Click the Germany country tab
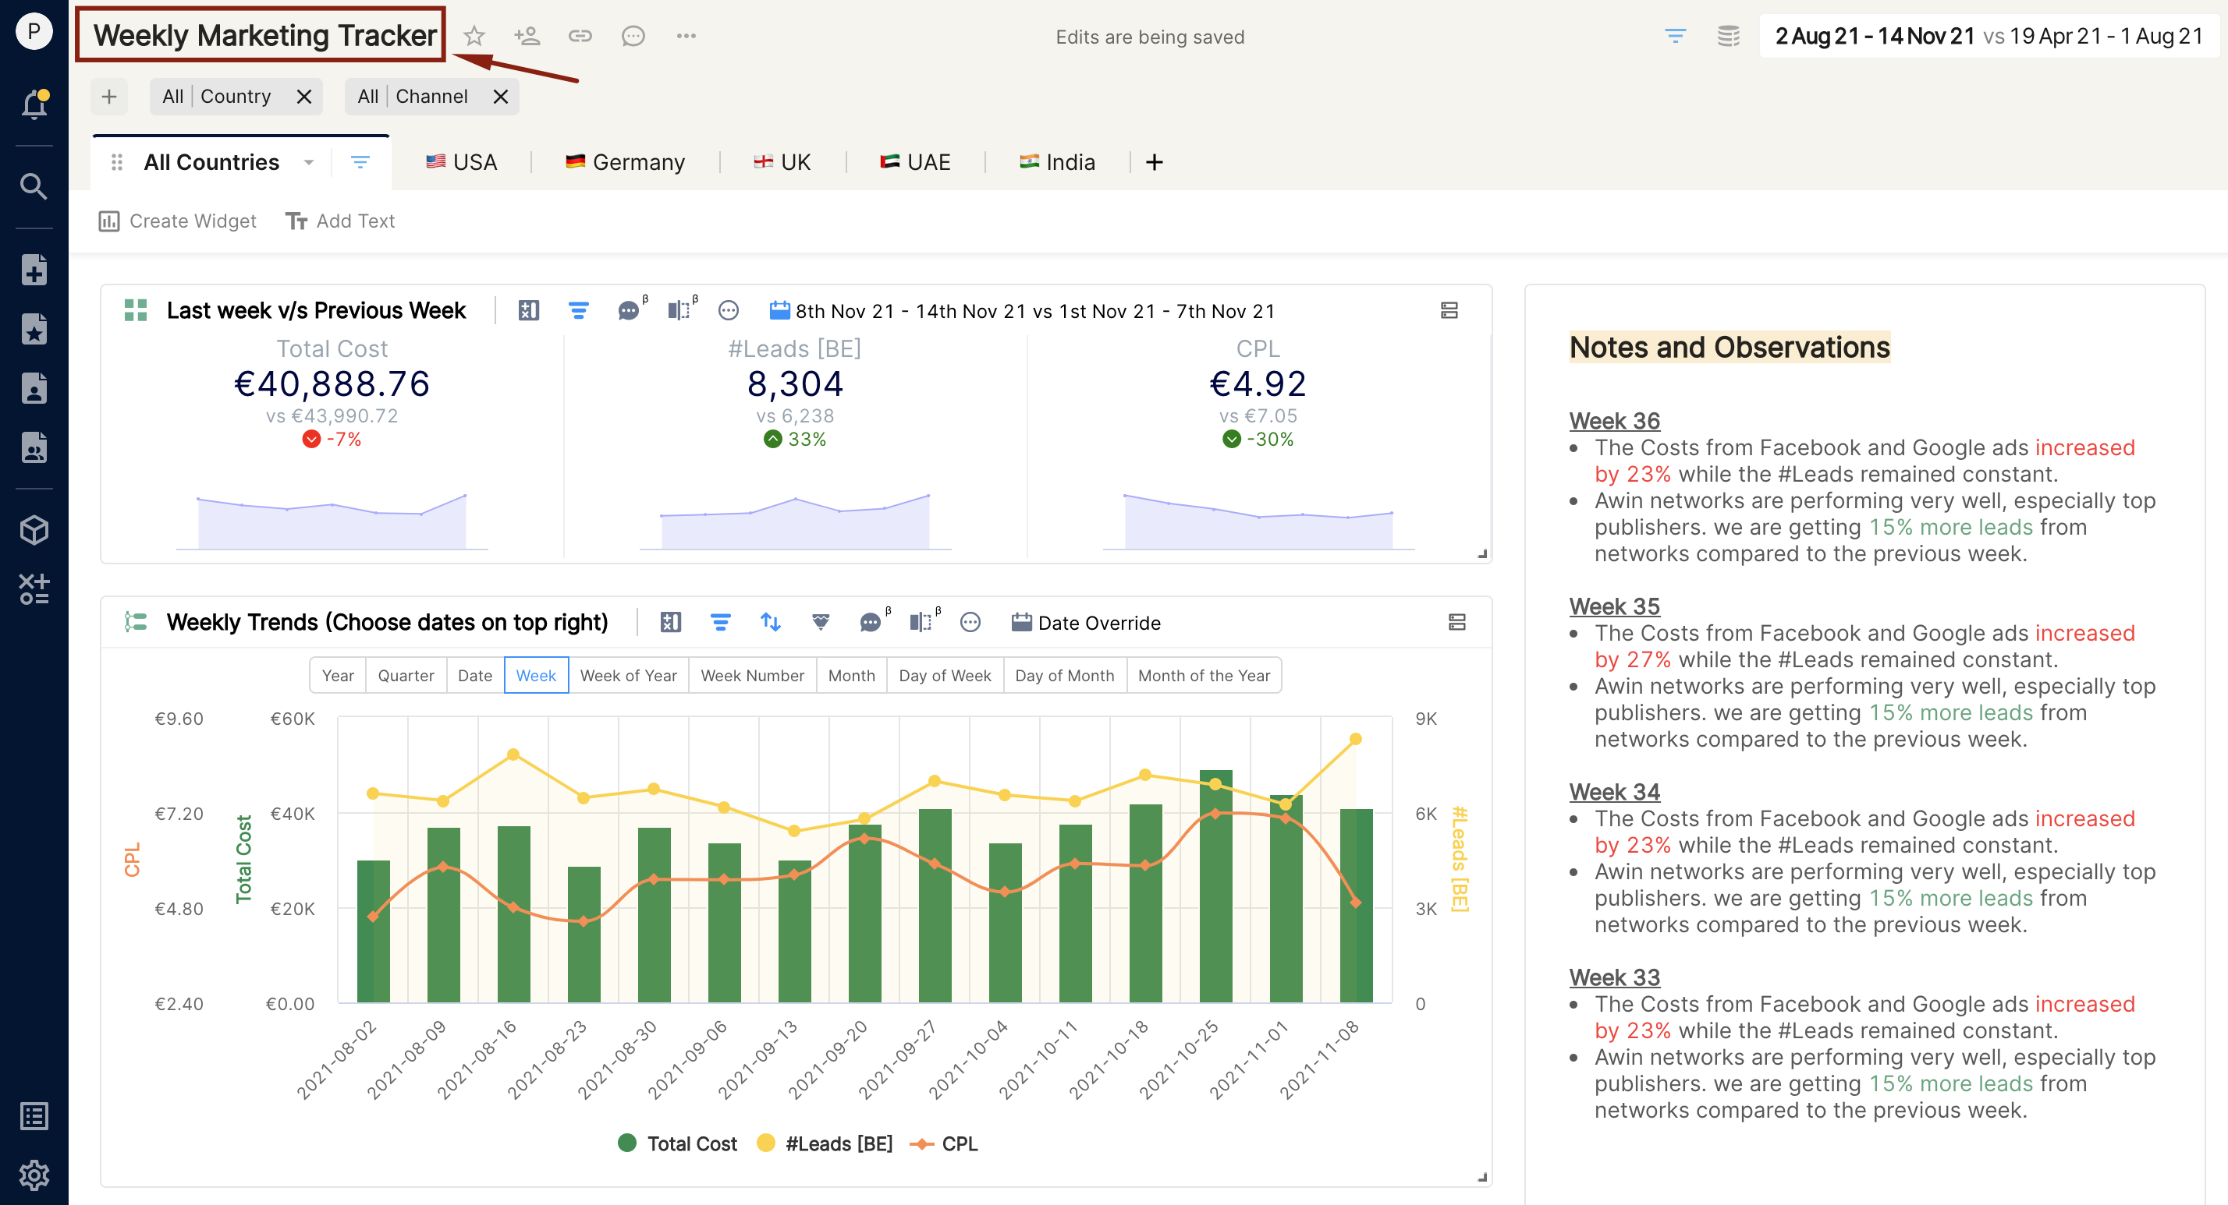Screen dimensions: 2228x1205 624,162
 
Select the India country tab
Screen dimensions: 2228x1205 1057,162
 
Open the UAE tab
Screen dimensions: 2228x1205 915,162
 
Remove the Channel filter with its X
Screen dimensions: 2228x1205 501,97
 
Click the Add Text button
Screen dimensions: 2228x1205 340,221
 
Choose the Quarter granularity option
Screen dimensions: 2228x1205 406,676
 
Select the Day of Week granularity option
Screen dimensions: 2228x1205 945,676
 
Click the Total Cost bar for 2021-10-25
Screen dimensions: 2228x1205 1215,886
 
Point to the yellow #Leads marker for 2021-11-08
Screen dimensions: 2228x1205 1355,739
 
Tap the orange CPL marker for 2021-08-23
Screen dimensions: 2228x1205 584,921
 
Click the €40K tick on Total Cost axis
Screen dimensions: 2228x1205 293,815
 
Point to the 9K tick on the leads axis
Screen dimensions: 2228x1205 1425,719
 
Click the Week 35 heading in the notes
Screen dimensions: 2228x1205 1615,607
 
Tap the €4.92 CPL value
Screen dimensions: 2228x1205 1258,383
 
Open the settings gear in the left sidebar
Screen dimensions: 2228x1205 34,1175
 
